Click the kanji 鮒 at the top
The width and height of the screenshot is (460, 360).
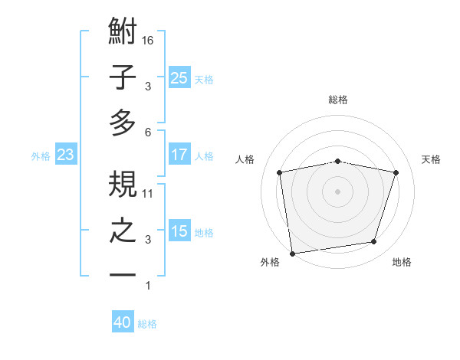pos(123,33)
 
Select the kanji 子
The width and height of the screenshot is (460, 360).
pos(123,77)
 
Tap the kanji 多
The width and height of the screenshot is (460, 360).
pos(123,123)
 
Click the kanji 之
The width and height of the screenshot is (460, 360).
pos(123,231)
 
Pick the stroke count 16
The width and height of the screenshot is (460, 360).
pos(149,40)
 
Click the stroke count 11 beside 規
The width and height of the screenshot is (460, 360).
pos(149,194)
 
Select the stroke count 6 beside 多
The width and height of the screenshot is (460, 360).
pos(148,132)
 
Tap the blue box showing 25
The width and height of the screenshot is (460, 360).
pos(179,77)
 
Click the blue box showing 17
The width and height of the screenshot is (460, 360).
pos(179,155)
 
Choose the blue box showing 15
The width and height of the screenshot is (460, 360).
pos(179,231)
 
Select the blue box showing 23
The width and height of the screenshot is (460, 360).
pos(65,155)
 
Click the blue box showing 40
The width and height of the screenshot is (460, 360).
pos(123,322)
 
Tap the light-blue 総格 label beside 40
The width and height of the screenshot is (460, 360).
pos(147,324)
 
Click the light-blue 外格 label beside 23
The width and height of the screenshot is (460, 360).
pos(41,156)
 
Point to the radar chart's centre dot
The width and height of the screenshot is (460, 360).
pos(337,191)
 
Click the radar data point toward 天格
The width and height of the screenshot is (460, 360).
pos(396,173)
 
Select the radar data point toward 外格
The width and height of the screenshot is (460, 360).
pos(292,252)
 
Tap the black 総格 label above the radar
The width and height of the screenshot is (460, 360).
pos(337,100)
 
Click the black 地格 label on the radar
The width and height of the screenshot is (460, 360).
pos(402,262)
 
